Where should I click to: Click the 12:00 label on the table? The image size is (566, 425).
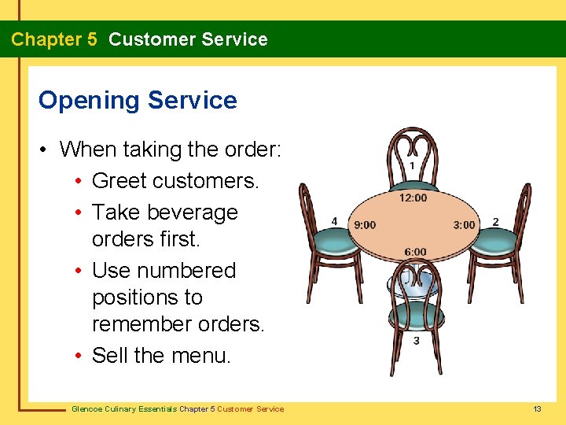[x=413, y=198]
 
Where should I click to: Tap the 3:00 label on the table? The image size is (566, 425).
[x=464, y=225]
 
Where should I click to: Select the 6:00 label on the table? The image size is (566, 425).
[x=415, y=252]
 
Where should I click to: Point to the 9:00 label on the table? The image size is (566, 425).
[x=365, y=225]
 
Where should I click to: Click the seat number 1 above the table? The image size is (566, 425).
[x=413, y=166]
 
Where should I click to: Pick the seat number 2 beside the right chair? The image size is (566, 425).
[x=495, y=222]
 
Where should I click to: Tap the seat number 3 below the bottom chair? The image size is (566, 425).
[x=416, y=341]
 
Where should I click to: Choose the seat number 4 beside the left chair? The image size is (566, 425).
[x=334, y=222]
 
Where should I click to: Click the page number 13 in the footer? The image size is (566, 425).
[x=537, y=408]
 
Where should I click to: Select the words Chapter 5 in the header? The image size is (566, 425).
[x=54, y=39]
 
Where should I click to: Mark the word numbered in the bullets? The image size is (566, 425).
[x=189, y=271]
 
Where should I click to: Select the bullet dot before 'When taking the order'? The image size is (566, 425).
[x=46, y=150]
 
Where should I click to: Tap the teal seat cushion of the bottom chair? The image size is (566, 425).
[x=416, y=316]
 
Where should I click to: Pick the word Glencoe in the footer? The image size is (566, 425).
[x=87, y=408]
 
